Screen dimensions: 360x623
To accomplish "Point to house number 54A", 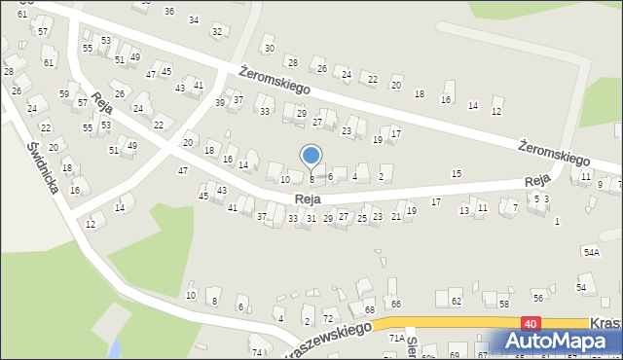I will pos(591,252).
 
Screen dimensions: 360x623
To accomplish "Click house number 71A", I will pos(397,337).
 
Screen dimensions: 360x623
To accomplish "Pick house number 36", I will pos(169,11).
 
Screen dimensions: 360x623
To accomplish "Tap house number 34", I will pos(194,19).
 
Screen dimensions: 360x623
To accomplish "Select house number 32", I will pos(217,32).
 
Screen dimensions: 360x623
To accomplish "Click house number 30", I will pos(269,48).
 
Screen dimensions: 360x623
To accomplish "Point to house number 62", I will pos(456,301).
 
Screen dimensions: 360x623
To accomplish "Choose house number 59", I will pos(64,94).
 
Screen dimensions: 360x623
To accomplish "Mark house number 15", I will pos(457,173).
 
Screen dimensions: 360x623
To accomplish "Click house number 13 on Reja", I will pos(464,210).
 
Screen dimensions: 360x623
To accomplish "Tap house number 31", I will pos(311,218).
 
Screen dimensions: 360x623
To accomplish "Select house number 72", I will pos(328,319).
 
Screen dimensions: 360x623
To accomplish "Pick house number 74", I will pos(257,352).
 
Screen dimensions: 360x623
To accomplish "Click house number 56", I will pos(537,297).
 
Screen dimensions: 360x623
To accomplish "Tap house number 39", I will pos(221,102).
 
